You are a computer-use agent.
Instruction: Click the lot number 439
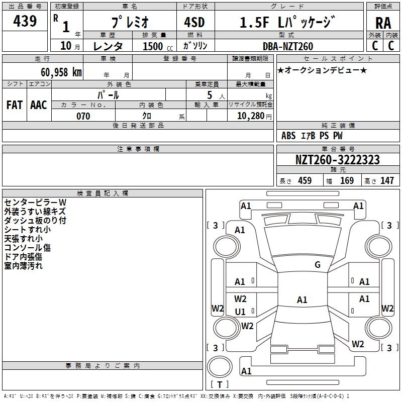point(25,21)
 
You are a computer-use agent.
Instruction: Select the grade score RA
point(383,23)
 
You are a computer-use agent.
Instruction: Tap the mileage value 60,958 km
point(61,72)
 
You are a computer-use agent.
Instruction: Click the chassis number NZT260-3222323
point(338,160)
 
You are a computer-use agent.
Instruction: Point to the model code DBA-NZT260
point(288,46)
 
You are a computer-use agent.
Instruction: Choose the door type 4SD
point(194,22)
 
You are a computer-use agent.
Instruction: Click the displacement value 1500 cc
point(158,46)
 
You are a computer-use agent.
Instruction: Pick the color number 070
point(83,116)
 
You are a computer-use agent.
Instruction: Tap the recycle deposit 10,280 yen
point(254,116)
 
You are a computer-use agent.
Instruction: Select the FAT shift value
point(15,105)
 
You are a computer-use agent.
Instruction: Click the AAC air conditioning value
point(39,105)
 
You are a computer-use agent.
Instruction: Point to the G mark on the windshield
point(318,264)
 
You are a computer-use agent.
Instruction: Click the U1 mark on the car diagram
point(240,312)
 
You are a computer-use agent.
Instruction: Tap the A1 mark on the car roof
point(302,299)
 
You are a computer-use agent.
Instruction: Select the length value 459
point(305,180)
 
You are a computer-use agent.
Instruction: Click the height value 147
point(387,180)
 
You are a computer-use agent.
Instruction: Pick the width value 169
point(347,180)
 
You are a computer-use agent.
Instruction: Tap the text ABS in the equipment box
point(288,136)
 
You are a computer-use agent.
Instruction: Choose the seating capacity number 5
point(210,95)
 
